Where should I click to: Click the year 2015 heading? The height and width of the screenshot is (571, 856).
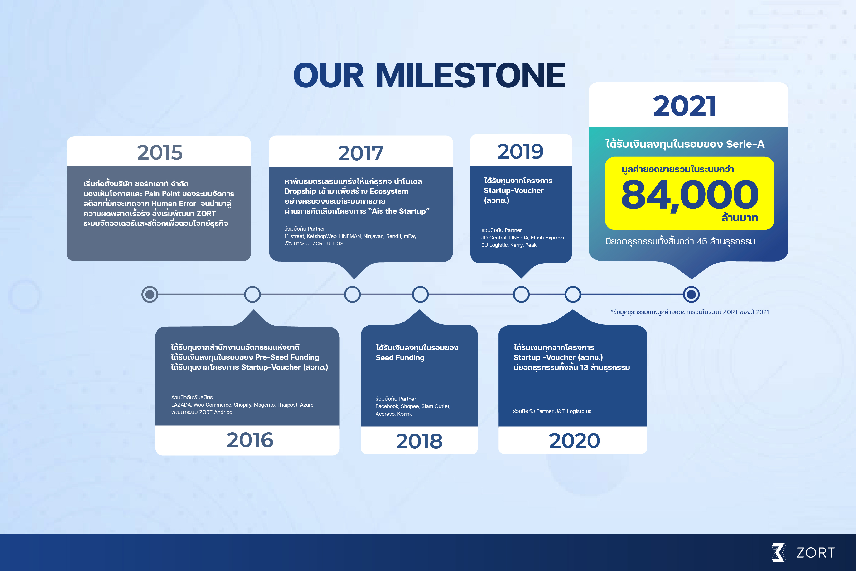click(x=160, y=153)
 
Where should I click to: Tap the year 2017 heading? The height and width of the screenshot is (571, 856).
click(x=361, y=153)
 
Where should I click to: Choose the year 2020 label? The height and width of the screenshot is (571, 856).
click(x=574, y=441)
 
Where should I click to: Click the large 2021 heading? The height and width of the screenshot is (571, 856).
click(x=685, y=106)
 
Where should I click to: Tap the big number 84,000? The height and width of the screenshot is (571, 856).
click(x=690, y=195)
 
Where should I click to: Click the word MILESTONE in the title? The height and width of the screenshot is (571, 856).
click(x=470, y=75)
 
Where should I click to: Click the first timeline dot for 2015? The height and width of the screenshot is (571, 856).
click(x=150, y=294)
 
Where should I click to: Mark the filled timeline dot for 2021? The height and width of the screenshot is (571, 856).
click(x=691, y=294)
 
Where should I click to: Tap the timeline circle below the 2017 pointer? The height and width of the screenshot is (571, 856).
click(x=352, y=294)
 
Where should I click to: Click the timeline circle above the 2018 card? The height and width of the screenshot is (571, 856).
click(x=420, y=294)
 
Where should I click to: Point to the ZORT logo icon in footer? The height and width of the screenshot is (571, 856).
click(x=779, y=552)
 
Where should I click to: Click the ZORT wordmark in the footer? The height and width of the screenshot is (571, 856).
click(x=815, y=553)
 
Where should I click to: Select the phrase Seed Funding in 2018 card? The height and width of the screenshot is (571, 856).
click(x=400, y=358)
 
